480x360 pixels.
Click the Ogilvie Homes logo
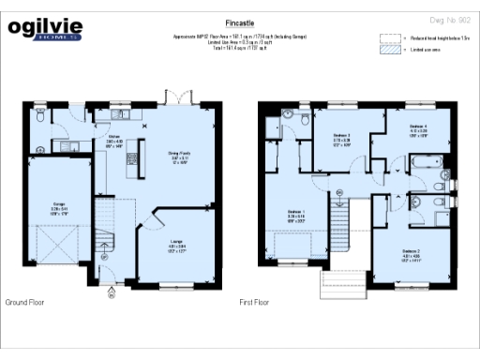[x=41, y=28]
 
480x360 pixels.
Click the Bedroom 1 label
[x=295, y=217]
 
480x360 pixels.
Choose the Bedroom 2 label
[x=412, y=252]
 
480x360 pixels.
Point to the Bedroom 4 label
[x=418, y=128]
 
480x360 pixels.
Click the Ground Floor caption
[x=27, y=304]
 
